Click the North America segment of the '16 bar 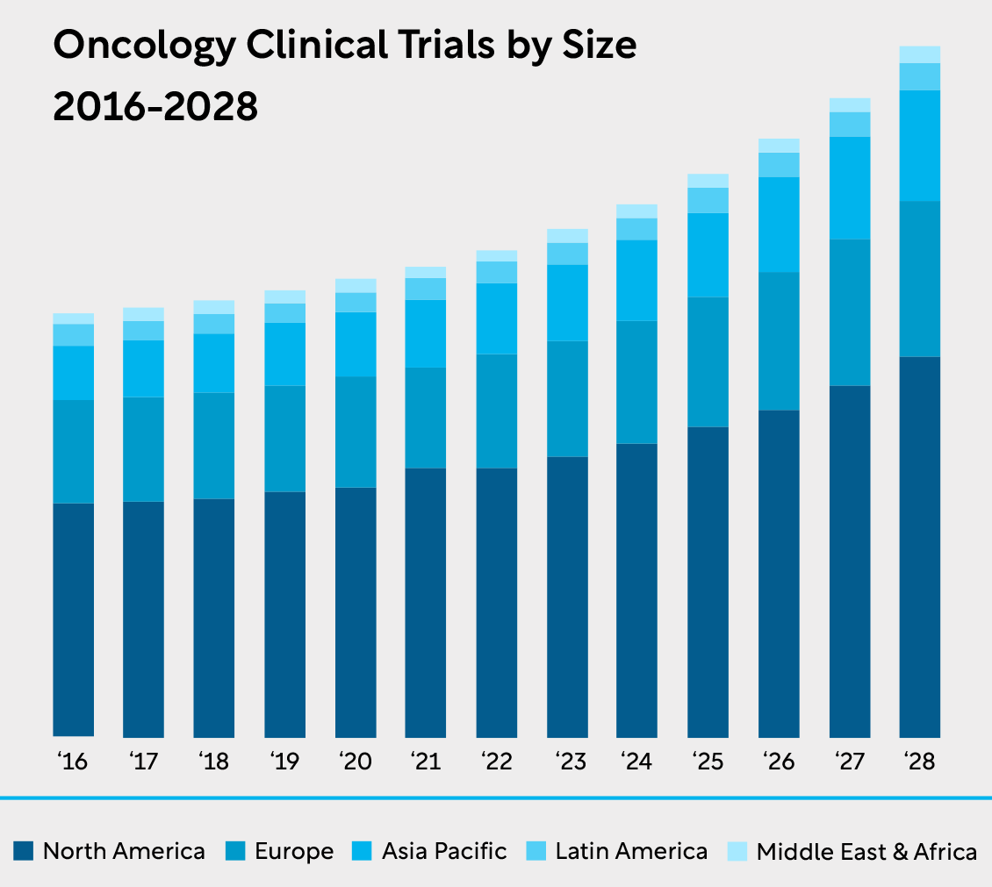tap(74, 619)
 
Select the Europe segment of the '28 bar tap(920, 279)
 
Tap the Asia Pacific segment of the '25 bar tap(708, 255)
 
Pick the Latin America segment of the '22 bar tap(497, 272)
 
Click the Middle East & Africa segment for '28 tap(920, 54)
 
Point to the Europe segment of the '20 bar tap(356, 432)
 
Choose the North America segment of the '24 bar tap(637, 590)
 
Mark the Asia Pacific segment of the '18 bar tap(214, 363)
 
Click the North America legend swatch tap(24, 850)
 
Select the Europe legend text tap(294, 851)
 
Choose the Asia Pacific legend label tap(444, 851)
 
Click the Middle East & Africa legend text tap(866, 851)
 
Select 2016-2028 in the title tap(155, 107)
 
